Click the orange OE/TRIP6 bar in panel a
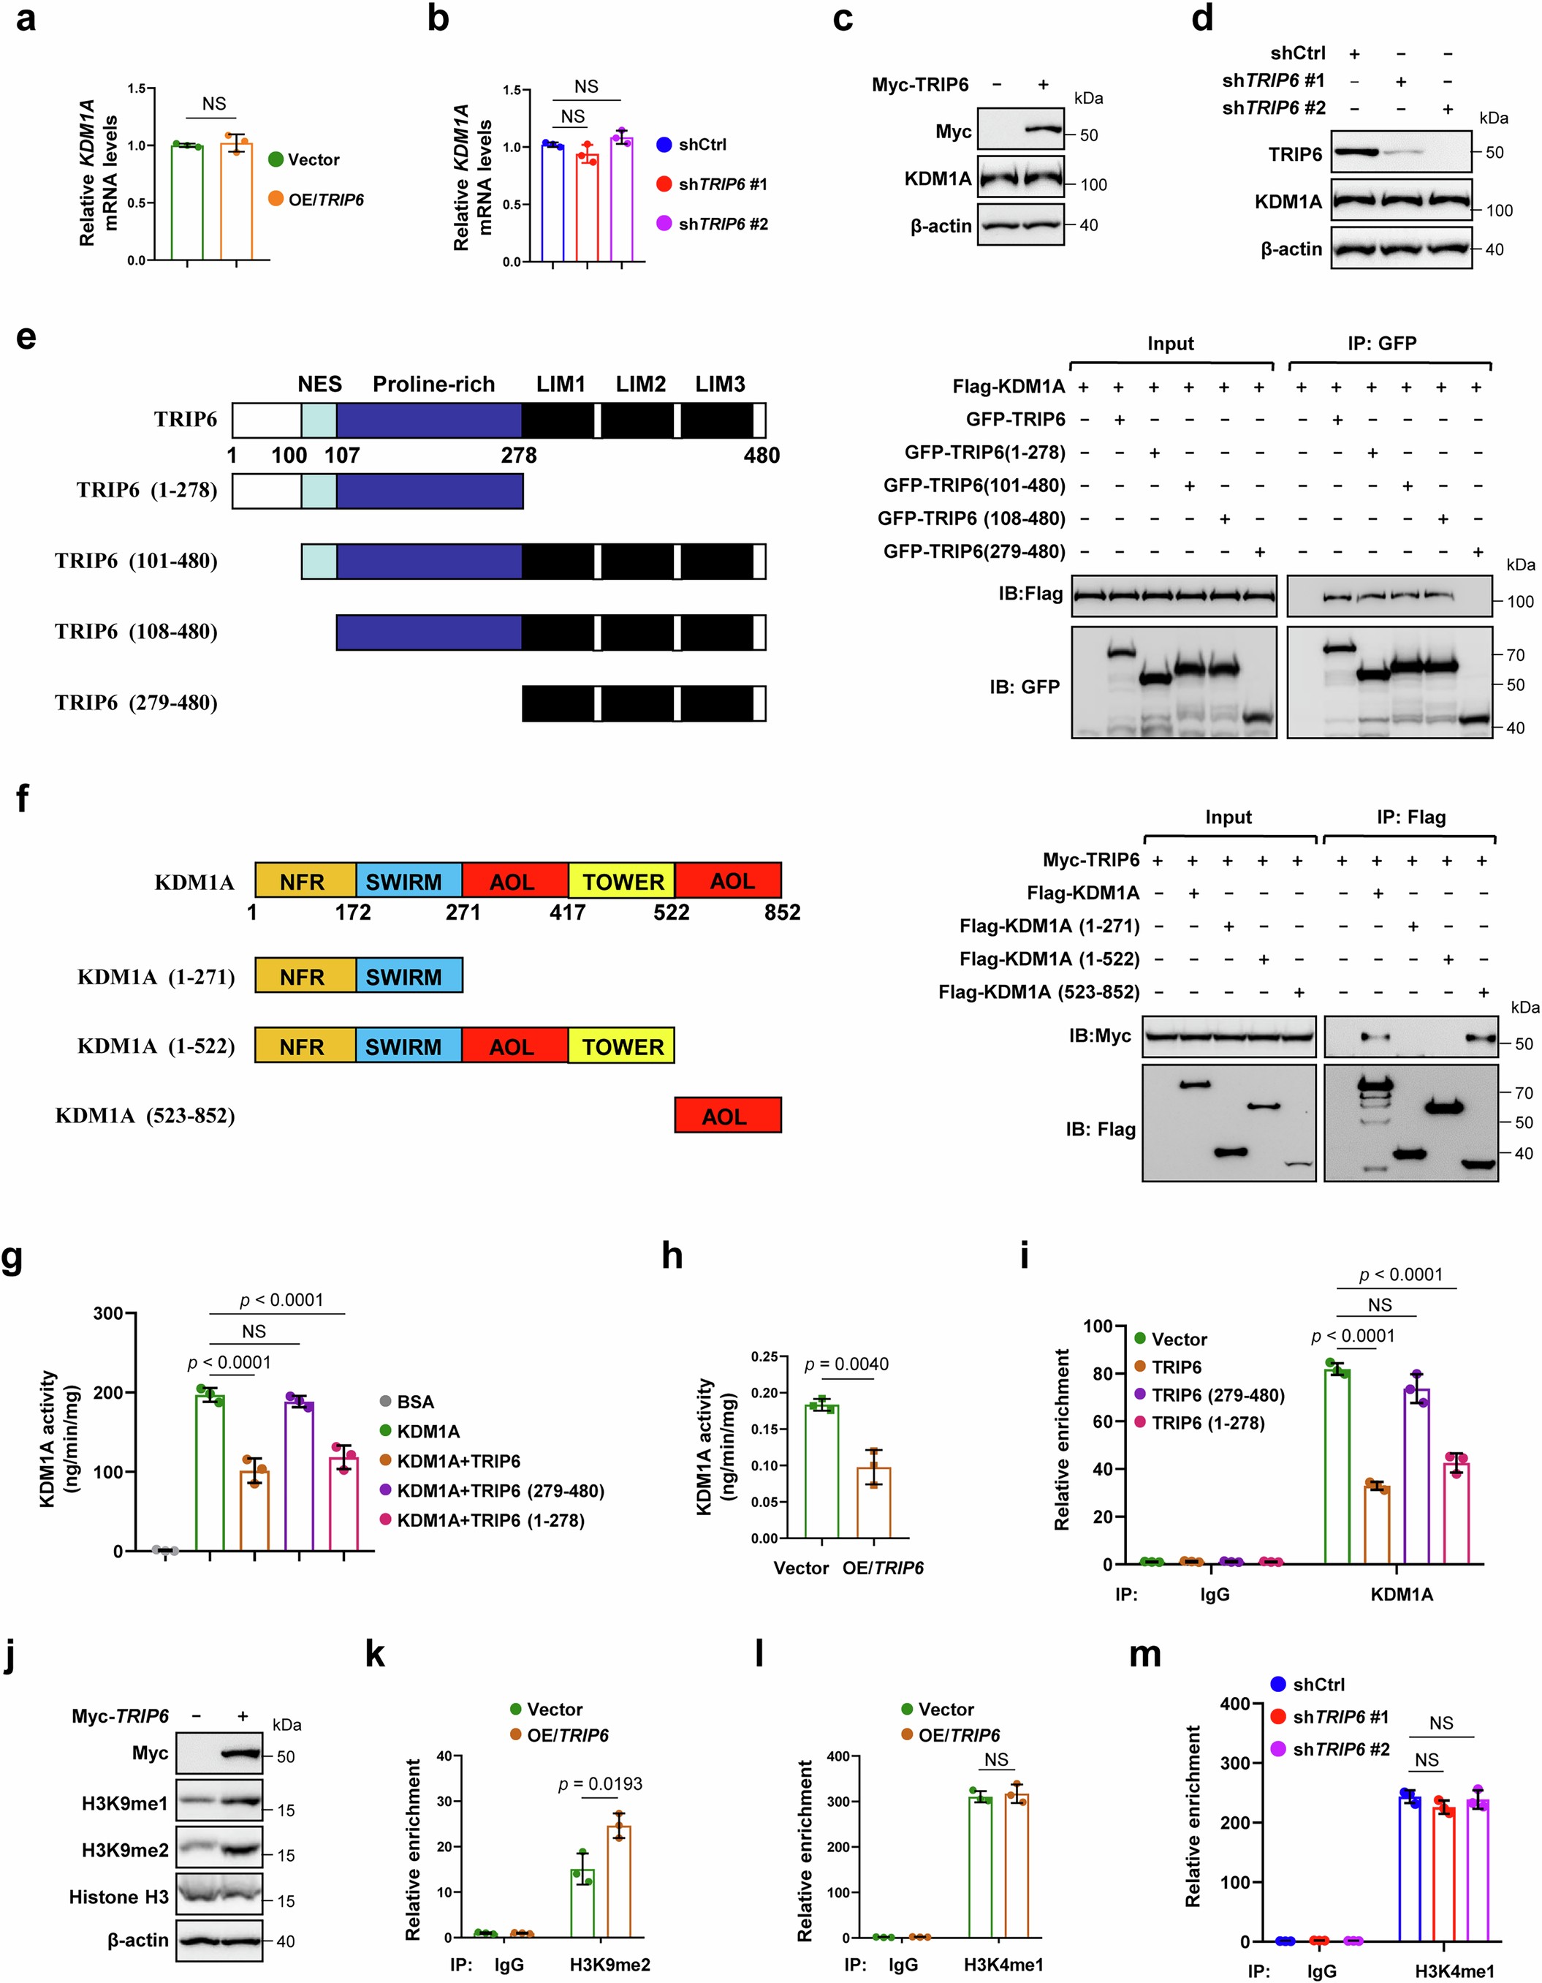tap(236, 202)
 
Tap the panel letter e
tap(26, 337)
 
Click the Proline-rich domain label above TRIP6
tap(434, 384)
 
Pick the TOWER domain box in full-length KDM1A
tap(622, 882)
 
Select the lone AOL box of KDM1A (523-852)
tap(727, 1116)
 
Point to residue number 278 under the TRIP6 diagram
tap(518, 455)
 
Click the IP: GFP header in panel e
tap(1381, 343)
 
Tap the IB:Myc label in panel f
tap(1099, 1035)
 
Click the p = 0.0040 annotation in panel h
tap(847, 1364)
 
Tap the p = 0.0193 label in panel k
tap(600, 1784)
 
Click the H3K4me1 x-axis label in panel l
tap(1003, 1964)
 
